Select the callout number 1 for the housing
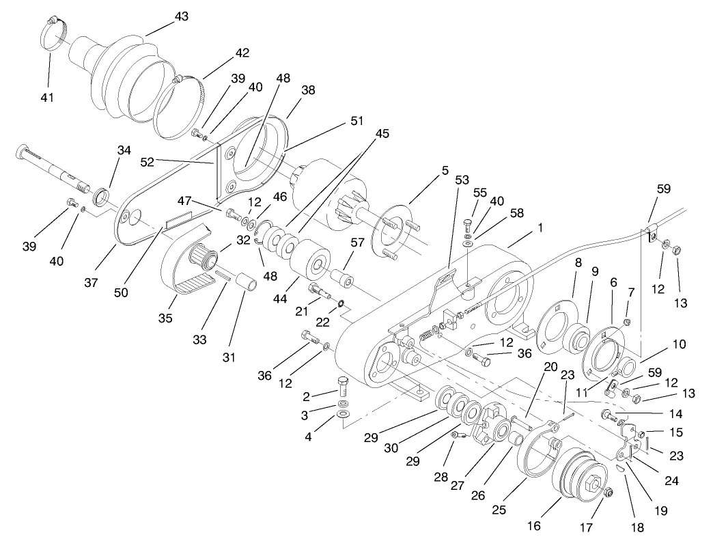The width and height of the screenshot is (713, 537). point(540,228)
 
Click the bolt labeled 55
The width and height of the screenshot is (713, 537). point(469,227)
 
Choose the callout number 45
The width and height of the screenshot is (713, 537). point(382,134)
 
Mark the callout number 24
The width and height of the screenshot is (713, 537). point(672,480)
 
